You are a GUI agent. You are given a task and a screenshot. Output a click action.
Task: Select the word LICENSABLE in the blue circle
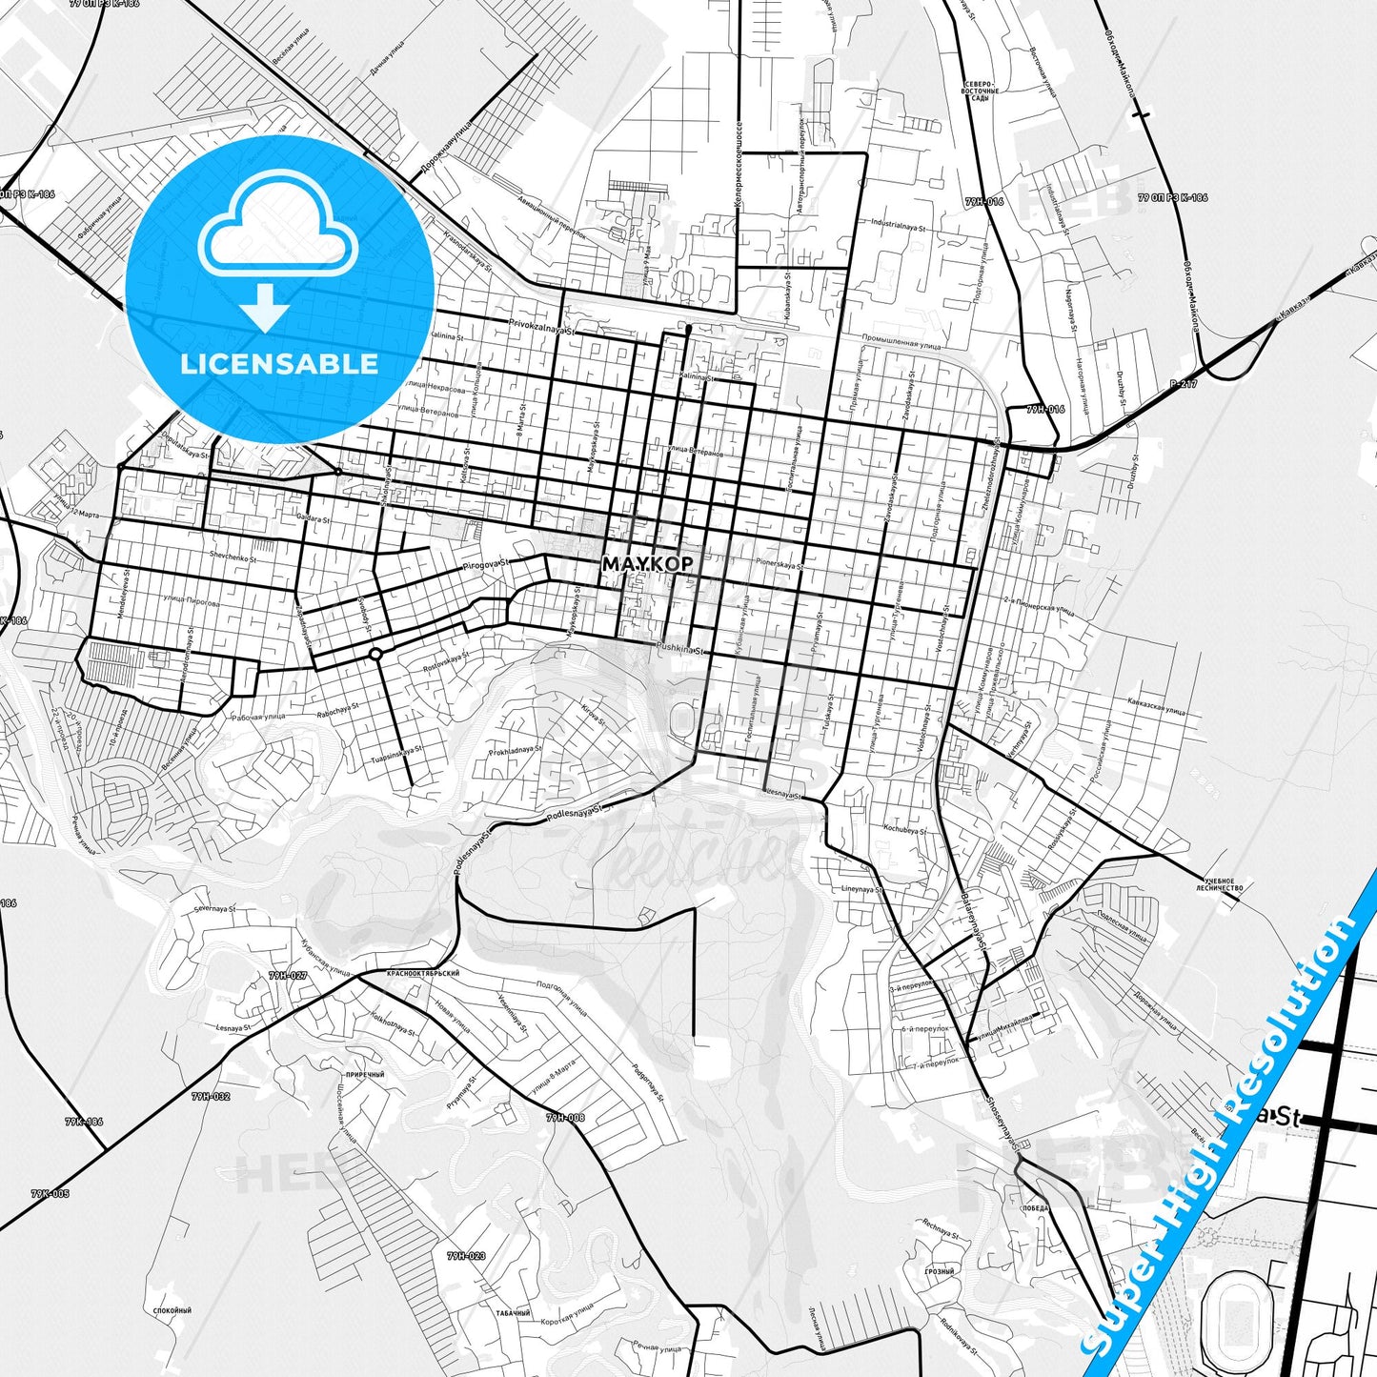point(279,363)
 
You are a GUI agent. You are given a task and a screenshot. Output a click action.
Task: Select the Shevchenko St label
point(233,557)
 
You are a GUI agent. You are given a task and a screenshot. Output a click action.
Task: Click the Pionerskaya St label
point(780,564)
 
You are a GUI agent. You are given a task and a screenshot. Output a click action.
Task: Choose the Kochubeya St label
point(904,829)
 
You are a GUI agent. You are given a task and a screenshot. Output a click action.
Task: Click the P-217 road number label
point(1183,383)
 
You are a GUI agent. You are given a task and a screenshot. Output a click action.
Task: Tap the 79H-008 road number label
point(565,1118)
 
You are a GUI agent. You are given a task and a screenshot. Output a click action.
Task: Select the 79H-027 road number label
point(287,976)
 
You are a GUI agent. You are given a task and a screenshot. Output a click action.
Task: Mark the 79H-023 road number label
point(466,1256)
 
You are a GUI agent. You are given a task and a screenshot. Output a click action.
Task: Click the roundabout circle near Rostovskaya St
point(375,654)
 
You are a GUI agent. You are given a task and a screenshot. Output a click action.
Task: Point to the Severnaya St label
point(213,909)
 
